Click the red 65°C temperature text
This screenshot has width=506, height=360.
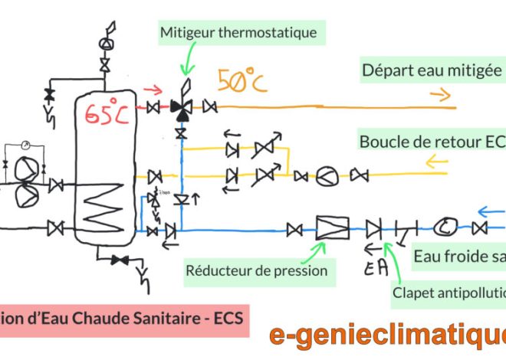[107, 113]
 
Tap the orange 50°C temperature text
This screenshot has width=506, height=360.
[242, 80]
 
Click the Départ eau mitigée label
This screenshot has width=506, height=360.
[432, 71]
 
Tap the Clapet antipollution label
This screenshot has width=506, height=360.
[449, 292]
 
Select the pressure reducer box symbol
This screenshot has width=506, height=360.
[332, 227]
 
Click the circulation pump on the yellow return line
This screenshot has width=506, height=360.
[327, 177]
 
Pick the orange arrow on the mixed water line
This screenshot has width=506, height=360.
[439, 95]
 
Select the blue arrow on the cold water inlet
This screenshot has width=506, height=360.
[489, 210]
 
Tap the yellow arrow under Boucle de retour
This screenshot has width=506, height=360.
[435, 162]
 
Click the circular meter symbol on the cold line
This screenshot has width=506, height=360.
[445, 227]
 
